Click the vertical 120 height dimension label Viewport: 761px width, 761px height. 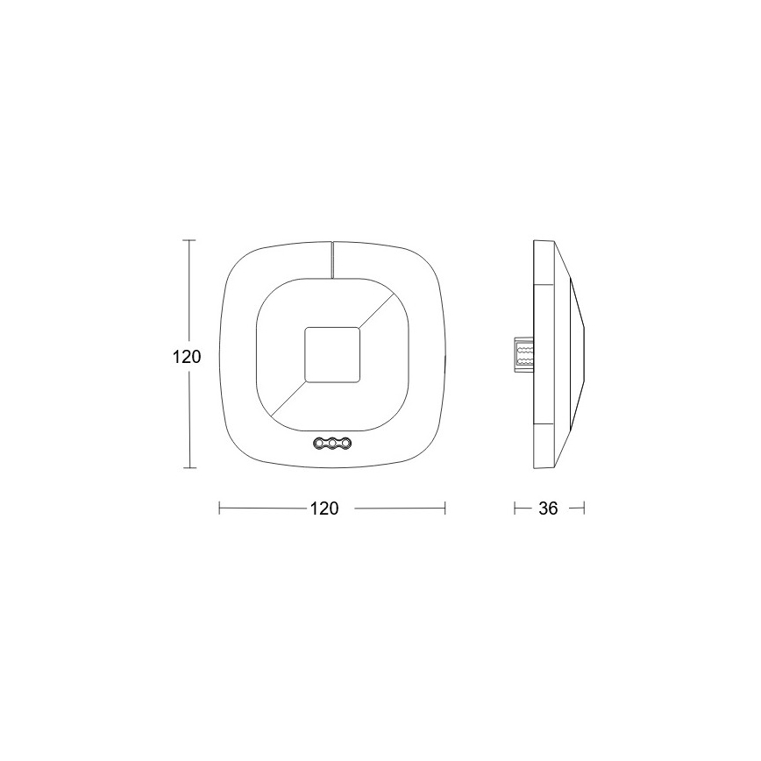point(186,357)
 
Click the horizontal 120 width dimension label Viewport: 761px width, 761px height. point(324,509)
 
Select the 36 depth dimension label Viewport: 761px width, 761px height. point(548,509)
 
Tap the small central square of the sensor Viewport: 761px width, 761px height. point(331,354)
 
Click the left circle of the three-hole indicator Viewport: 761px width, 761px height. point(319,445)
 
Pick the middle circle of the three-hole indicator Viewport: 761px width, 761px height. point(332,445)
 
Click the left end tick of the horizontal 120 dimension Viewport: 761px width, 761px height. point(219,508)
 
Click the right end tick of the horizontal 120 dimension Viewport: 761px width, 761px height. point(445,508)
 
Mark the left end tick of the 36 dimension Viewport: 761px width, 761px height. point(515,508)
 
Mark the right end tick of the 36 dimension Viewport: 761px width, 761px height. point(583,508)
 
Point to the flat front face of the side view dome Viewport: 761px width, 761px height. point(582,353)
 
